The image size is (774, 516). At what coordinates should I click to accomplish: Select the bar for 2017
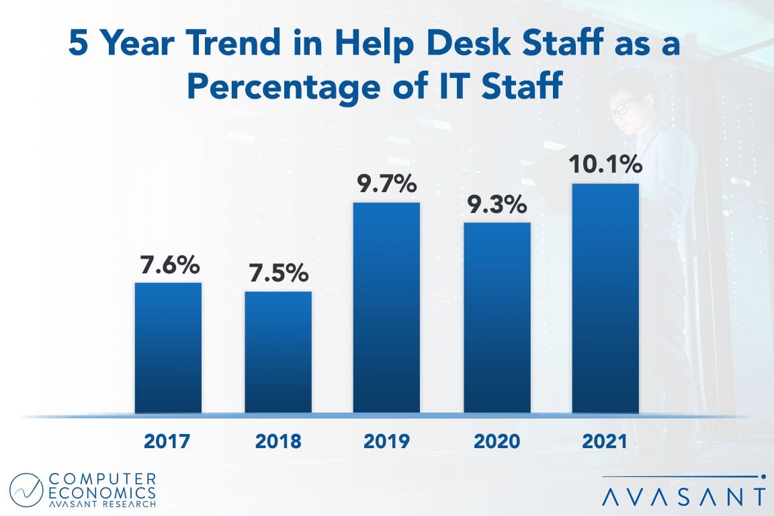point(168,347)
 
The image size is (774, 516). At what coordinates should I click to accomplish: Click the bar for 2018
point(277,352)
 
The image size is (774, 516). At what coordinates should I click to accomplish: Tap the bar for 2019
point(386,307)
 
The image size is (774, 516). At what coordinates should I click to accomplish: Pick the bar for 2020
point(497,317)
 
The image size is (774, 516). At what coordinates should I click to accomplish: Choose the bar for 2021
point(605,298)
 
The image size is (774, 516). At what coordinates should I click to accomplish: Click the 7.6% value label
point(169,265)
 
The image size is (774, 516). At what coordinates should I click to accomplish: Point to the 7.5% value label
point(277,273)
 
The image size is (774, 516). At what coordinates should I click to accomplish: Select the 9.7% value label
point(387,184)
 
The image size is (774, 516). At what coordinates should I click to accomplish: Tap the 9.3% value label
point(497,205)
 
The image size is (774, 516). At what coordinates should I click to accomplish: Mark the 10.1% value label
point(605,165)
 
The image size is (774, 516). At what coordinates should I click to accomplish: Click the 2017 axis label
point(167,442)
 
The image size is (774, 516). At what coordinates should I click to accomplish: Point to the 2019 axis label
point(386,442)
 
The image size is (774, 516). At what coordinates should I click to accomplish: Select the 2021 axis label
point(605,442)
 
